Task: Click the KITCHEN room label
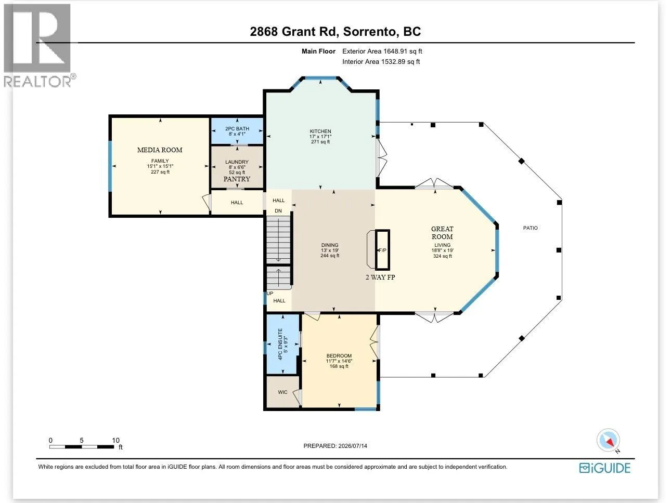pos(320,131)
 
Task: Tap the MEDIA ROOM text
pos(160,150)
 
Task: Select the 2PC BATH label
pos(237,129)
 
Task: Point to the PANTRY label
pos(237,179)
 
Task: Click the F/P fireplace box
pos(382,250)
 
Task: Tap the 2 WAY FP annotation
pos(380,277)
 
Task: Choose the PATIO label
pos(530,228)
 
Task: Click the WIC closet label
pos(282,392)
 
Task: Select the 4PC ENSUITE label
pos(280,344)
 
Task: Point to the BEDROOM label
pos(339,356)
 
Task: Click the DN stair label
pos(278,211)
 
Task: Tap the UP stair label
pos(270,294)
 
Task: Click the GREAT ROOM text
pos(442,233)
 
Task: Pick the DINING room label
pos(330,245)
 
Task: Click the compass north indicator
pos(609,441)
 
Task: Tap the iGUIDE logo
pos(604,468)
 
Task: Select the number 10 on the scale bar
pos(115,441)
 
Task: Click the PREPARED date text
pos(335,446)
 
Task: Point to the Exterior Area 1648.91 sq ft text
pos(382,51)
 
